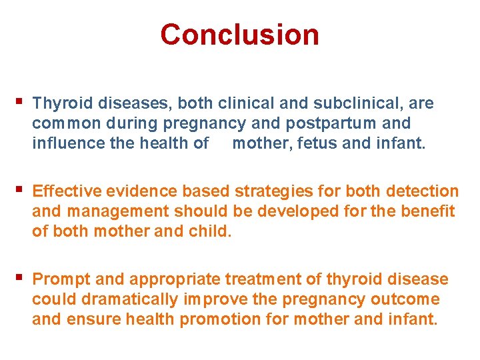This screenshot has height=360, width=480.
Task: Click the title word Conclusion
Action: (x=239, y=35)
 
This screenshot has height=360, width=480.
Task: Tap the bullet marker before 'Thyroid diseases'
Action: (x=18, y=102)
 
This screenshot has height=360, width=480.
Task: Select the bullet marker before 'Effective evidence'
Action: (x=18, y=190)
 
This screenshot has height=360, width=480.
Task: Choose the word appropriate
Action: (x=175, y=280)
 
